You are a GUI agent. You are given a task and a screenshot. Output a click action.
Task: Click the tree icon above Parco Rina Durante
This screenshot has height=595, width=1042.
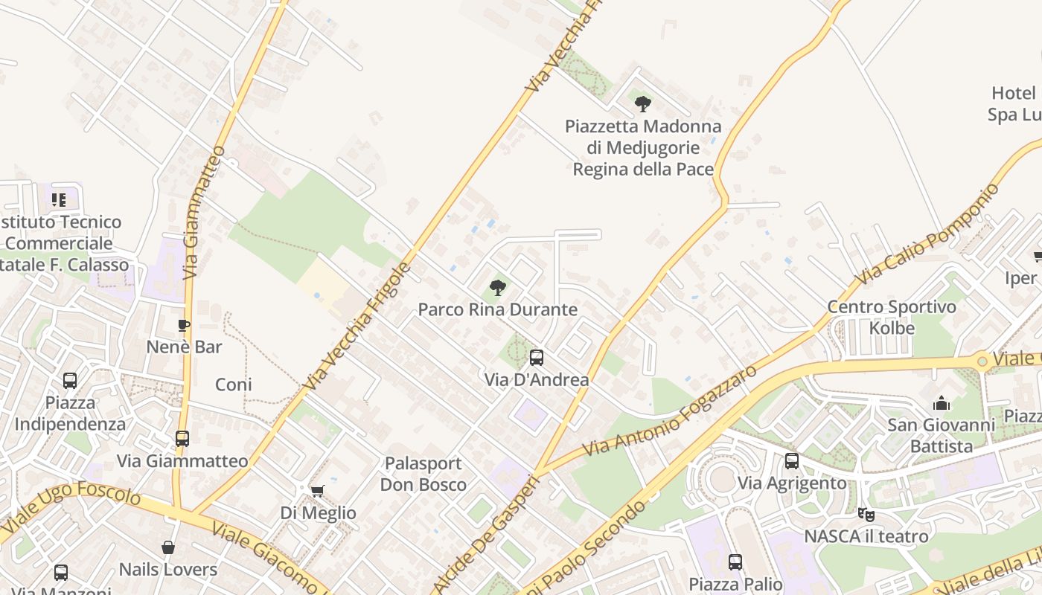click(x=497, y=287)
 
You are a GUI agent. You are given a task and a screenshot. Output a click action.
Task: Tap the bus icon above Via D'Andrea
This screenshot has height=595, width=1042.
click(x=536, y=358)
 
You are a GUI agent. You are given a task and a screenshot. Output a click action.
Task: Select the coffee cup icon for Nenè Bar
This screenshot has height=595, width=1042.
click(x=184, y=325)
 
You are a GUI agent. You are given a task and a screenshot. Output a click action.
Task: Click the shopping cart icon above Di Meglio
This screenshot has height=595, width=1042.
click(x=318, y=491)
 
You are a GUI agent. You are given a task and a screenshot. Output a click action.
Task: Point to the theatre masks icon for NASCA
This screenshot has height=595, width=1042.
click(x=866, y=514)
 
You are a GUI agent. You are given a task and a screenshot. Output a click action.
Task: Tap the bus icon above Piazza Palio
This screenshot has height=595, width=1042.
click(x=735, y=562)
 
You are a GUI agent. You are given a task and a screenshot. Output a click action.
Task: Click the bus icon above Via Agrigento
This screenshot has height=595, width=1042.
click(x=792, y=461)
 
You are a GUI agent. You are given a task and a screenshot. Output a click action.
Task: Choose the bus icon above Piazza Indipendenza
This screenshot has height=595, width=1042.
click(x=70, y=381)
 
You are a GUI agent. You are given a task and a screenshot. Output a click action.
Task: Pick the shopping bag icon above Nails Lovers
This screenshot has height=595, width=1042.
click(x=168, y=548)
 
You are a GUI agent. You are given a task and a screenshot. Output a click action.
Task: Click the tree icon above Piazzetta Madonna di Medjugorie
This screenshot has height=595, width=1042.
click(x=643, y=104)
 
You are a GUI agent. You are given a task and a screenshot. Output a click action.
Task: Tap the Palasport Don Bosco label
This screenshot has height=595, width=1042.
click(x=423, y=474)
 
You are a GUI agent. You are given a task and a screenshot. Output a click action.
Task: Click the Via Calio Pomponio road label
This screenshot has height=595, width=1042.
click(x=927, y=234)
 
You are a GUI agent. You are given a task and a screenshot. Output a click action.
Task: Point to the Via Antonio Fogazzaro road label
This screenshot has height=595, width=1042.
click(x=670, y=411)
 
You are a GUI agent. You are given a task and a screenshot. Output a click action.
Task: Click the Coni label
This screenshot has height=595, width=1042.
click(x=234, y=385)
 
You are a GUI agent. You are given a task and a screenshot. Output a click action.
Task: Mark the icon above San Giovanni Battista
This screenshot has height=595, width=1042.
click(x=942, y=403)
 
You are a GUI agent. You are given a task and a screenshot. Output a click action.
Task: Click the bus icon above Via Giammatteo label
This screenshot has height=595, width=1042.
click(x=182, y=439)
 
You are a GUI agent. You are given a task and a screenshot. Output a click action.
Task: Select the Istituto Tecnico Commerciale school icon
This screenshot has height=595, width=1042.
click(x=59, y=199)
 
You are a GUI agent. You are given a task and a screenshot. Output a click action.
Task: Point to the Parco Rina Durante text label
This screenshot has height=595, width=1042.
click(x=497, y=309)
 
